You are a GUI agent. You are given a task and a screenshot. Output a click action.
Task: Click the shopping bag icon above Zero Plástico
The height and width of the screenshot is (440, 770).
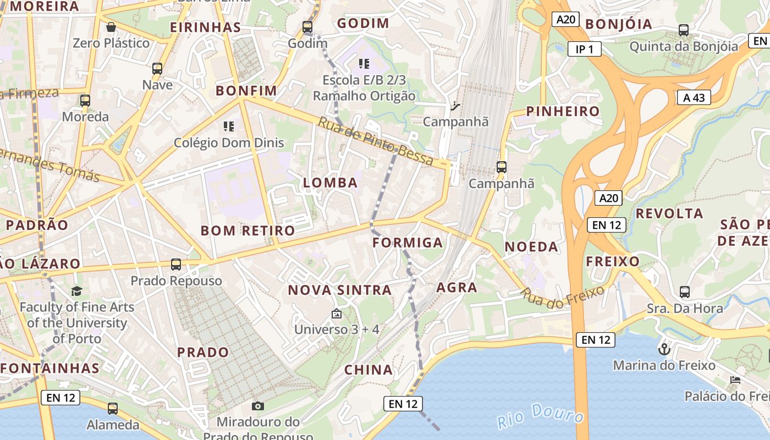[111, 27]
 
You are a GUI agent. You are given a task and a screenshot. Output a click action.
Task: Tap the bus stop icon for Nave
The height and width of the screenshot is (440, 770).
[157, 69]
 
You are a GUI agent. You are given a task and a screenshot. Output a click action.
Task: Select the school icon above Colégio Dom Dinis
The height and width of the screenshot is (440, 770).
[229, 127]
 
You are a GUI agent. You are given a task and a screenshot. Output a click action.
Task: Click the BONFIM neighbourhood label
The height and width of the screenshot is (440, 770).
[246, 91]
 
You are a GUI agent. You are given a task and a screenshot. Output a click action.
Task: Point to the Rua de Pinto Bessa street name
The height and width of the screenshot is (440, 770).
[376, 141]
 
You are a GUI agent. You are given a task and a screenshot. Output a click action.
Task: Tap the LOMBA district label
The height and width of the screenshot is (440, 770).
[331, 183]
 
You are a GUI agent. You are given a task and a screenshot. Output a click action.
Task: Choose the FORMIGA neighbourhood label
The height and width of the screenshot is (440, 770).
[408, 243]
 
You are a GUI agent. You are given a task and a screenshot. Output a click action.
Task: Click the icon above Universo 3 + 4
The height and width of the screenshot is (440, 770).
[337, 314]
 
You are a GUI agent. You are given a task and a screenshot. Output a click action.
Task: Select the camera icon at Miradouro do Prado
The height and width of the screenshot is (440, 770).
[257, 406]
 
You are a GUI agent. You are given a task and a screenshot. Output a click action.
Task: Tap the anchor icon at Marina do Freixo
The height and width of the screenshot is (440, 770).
[664, 349]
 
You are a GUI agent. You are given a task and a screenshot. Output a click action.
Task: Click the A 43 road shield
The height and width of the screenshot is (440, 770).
[694, 98]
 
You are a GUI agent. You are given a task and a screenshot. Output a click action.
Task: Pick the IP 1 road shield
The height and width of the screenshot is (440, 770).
[584, 50]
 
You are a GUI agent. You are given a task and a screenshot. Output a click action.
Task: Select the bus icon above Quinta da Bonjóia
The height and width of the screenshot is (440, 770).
[684, 30]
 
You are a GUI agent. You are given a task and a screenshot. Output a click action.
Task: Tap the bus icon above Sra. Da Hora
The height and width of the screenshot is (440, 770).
[685, 292]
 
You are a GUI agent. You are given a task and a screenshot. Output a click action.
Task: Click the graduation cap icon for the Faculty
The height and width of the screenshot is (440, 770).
[76, 291]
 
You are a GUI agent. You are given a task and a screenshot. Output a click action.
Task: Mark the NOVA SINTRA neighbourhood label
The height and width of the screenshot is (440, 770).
[340, 290]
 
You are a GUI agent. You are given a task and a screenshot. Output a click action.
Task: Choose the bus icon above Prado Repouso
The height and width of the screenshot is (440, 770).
[176, 265]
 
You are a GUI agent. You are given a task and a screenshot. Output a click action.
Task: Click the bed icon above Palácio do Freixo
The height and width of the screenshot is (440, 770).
[735, 380]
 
